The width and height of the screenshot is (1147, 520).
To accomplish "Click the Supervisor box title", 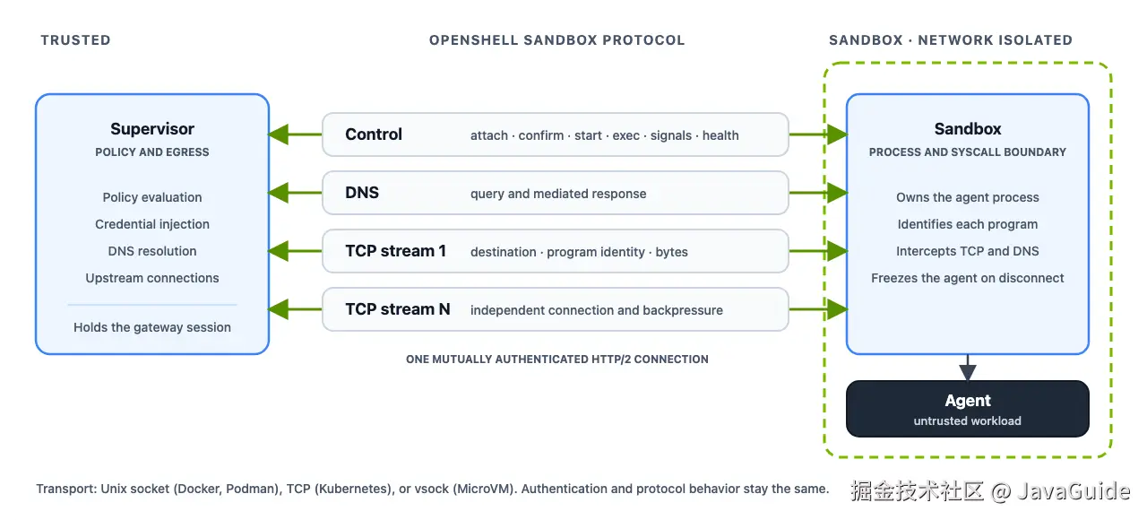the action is coord(152,128).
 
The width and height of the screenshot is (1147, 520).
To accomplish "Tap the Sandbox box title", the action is coord(967,128).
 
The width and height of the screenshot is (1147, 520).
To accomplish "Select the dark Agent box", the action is coord(967,408).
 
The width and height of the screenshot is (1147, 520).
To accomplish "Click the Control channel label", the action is coord(374,134).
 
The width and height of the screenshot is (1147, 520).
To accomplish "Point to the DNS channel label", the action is coord(362,193).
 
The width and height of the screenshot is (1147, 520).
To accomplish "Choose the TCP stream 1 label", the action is coord(395,251).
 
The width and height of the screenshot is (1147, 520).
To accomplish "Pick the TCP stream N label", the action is coord(397,309).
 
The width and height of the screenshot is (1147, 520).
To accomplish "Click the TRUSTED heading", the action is coord(76,40).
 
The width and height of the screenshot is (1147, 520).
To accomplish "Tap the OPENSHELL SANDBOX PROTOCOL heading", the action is coord(557,40).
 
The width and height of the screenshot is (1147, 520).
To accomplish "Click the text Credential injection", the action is coord(152,224).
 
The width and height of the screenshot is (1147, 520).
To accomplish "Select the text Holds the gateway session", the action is coord(152,327).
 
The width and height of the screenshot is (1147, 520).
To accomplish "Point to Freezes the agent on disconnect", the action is coord(967,278).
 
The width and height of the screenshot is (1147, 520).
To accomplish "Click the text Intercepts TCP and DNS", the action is coord(967,251).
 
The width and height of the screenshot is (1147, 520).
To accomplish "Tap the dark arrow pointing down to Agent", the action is coord(967,368).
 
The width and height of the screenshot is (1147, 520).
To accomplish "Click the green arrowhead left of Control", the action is coord(279,134).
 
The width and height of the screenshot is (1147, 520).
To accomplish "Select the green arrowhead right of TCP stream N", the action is coord(837,309).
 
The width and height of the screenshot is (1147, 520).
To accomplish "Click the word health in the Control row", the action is coord(720,135).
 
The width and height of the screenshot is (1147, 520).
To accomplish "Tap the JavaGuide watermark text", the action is coord(1074,491).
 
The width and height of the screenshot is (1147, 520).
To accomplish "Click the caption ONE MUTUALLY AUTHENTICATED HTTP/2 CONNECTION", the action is coord(557,360).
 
